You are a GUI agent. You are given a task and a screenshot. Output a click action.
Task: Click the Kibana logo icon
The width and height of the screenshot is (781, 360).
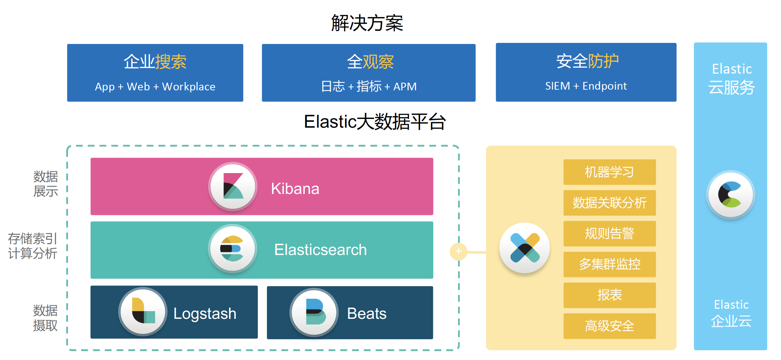(x=233, y=186)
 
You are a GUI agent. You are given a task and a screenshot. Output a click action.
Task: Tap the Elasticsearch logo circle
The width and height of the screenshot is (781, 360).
(x=233, y=248)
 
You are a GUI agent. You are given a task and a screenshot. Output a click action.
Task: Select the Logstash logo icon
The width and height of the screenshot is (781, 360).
(x=143, y=311)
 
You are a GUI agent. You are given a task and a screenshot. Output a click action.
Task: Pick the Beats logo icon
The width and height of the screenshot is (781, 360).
(x=314, y=312)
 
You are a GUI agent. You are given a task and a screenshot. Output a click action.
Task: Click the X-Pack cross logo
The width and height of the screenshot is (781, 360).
(x=524, y=248)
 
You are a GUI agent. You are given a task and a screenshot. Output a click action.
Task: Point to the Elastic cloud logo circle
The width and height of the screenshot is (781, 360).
(x=730, y=194)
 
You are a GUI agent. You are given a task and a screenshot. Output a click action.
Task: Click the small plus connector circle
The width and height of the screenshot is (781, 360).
(x=458, y=252)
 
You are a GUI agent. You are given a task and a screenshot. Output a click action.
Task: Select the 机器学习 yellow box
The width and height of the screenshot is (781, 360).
(x=609, y=172)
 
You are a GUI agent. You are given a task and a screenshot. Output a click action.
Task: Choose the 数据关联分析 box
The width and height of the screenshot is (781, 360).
(x=609, y=203)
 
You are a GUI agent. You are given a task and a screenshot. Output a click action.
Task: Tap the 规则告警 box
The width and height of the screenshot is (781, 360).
(x=609, y=233)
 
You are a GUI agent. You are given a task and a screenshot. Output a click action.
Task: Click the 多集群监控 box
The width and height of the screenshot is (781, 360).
(x=609, y=264)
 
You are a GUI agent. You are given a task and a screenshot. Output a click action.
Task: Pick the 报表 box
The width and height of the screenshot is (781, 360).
(x=609, y=295)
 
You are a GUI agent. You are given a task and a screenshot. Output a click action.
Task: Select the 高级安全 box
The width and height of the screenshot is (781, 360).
(x=609, y=326)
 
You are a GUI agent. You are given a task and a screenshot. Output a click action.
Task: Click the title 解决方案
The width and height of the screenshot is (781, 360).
(x=367, y=23)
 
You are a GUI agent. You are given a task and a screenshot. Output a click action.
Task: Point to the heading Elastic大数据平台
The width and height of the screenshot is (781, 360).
(x=375, y=122)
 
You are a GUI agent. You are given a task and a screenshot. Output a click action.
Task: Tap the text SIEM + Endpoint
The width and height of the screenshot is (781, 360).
(x=586, y=86)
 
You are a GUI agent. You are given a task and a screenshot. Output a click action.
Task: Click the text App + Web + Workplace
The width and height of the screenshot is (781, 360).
(x=155, y=87)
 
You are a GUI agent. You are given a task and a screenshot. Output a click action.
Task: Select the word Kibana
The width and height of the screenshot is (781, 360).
(x=295, y=189)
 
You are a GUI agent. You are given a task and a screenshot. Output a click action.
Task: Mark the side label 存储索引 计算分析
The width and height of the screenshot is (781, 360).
(x=32, y=246)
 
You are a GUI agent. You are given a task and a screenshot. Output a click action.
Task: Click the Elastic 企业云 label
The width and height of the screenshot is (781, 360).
(x=731, y=313)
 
